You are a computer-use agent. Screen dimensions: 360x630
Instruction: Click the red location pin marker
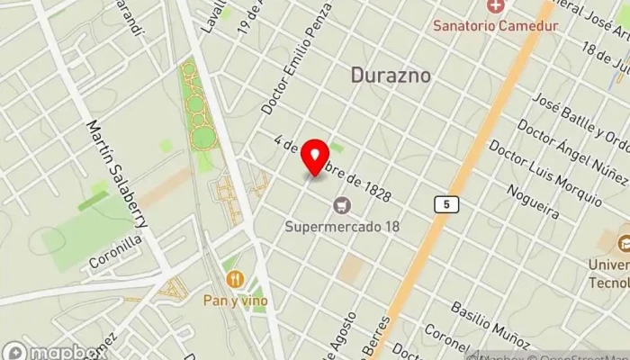tap(315, 157)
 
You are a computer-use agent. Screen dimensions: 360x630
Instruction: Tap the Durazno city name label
tap(390, 76)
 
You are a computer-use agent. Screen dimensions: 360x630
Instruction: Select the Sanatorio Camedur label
tap(495, 25)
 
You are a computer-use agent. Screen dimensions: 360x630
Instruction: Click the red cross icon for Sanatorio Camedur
tap(495, 7)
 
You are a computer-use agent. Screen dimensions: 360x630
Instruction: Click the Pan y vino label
tap(235, 300)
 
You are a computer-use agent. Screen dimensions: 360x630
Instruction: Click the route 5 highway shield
tap(445, 205)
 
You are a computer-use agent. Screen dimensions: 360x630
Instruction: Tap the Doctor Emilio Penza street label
tap(297, 58)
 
